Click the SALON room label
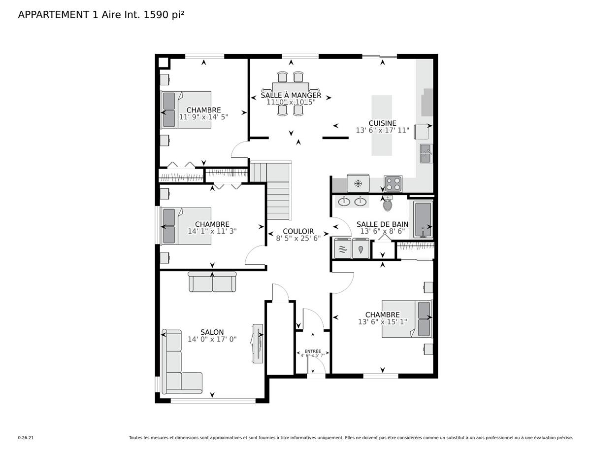212,332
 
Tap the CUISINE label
382,123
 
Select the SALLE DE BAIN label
382,224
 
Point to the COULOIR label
298,231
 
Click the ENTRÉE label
313,352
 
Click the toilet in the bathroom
388,203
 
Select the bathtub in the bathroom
423,220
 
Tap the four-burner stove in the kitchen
393,184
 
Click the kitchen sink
426,154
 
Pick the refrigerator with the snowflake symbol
358,183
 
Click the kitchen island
382,125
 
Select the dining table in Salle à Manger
291,94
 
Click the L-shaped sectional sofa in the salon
177,365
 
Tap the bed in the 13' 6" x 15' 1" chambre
407,319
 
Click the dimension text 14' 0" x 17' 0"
212,340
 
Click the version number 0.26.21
26,437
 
